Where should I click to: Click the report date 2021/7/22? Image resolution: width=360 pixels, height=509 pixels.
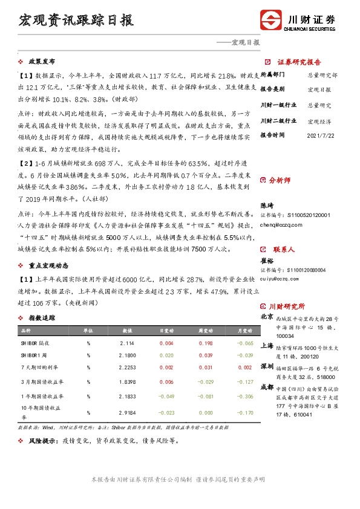click(x=321, y=136)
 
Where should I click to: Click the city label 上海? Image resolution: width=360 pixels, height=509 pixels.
click(x=267, y=346)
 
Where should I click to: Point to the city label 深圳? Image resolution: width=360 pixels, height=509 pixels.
click(x=267, y=367)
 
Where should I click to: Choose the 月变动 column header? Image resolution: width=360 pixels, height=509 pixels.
click(x=242, y=331)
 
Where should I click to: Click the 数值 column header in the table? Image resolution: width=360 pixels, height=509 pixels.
click(x=128, y=331)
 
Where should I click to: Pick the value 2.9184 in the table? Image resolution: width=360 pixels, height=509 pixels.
click(x=128, y=413)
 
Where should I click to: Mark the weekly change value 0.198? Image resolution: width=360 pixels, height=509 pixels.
click(x=205, y=343)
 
